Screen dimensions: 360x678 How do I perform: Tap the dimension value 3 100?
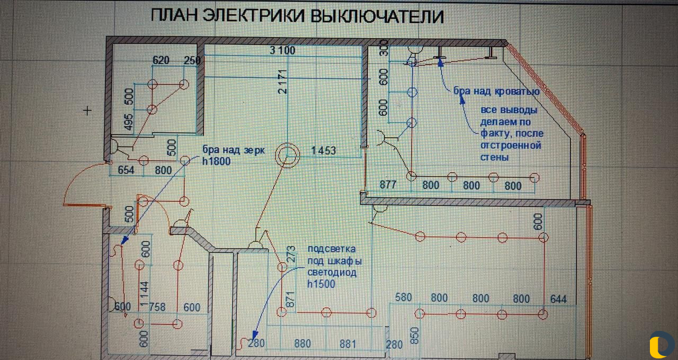[282, 51]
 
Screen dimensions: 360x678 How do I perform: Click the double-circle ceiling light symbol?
[287, 156]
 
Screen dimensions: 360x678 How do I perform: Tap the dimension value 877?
[389, 186]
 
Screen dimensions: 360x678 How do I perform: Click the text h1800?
[216, 161]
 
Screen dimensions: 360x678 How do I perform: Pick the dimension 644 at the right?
[558, 299]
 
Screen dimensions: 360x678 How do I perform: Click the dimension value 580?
[403, 298]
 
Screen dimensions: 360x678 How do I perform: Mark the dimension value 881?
[347, 344]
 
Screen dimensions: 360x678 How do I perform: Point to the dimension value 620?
[160, 60]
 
